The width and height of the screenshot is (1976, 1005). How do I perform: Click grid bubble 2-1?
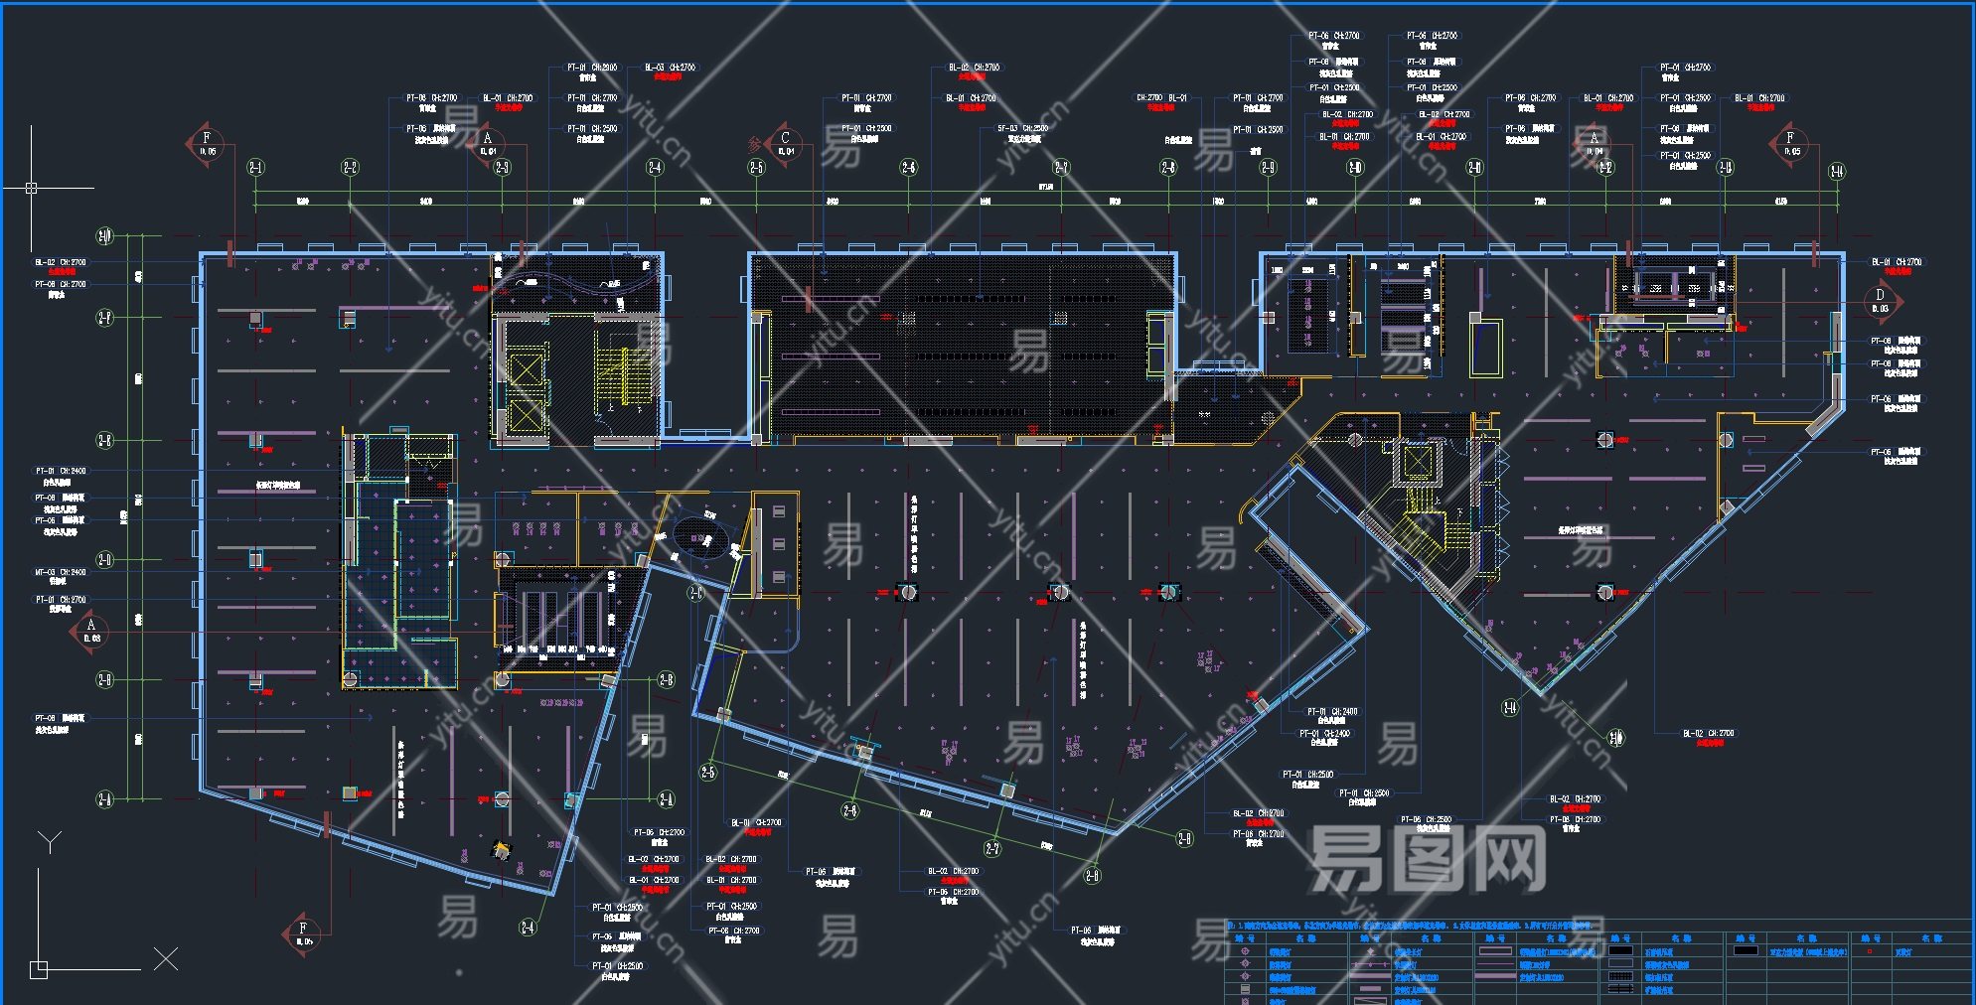256,167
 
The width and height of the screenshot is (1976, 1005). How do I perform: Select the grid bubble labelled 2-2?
351,167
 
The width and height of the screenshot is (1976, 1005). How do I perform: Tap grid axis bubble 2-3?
502,167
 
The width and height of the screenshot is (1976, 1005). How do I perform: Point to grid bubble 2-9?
1269,167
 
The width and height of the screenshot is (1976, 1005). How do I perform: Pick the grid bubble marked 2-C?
695,593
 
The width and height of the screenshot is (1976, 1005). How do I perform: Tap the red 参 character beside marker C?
754,145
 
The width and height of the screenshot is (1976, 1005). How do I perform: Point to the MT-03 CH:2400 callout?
61,572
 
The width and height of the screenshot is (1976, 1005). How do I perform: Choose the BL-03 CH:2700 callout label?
671,68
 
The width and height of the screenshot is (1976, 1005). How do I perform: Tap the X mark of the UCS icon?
166,958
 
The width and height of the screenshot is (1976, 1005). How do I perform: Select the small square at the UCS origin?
39,969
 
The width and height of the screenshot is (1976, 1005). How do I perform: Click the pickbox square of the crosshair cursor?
31,187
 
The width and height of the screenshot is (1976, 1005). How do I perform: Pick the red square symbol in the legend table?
1870,951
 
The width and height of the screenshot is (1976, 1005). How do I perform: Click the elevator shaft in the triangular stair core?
1416,462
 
